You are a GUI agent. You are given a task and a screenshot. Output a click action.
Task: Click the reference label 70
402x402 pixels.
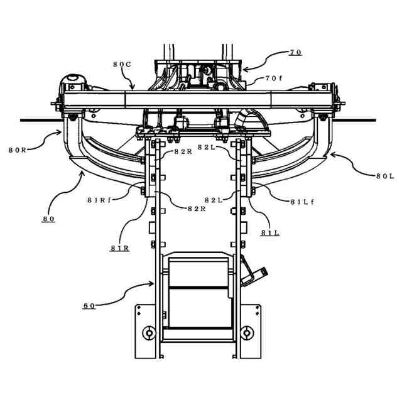295,52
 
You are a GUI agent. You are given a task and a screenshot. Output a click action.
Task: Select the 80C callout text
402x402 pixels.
123,64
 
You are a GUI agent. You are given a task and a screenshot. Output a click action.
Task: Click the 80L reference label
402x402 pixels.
384,177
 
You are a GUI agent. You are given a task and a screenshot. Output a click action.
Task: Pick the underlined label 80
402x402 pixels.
48,219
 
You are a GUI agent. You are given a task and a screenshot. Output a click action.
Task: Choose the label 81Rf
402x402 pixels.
100,200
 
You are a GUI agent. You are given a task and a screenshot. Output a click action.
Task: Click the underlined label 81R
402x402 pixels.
119,248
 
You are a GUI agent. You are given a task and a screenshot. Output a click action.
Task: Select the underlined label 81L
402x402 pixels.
270,232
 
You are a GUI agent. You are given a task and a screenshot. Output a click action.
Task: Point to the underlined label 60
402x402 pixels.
89,306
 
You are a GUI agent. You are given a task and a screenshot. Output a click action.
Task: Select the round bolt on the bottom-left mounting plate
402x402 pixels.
148,332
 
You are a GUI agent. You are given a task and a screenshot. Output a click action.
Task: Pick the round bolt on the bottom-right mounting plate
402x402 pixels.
249,332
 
